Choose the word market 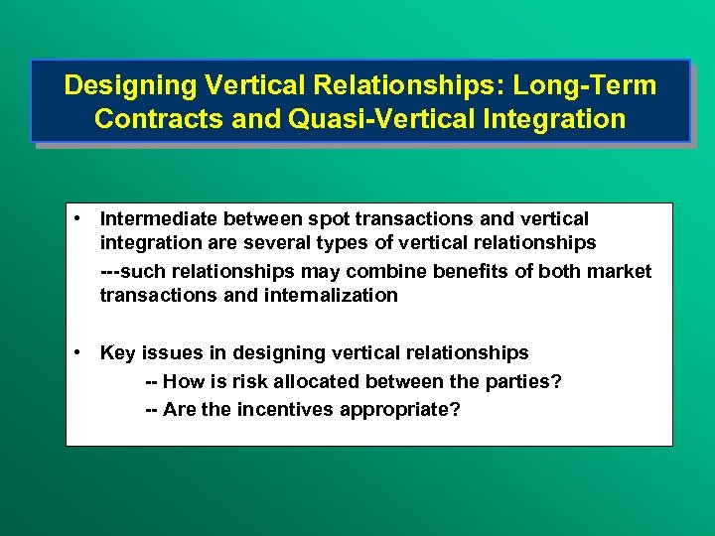click(x=618, y=270)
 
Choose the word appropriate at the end click(x=409, y=409)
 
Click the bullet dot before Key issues click(x=76, y=352)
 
